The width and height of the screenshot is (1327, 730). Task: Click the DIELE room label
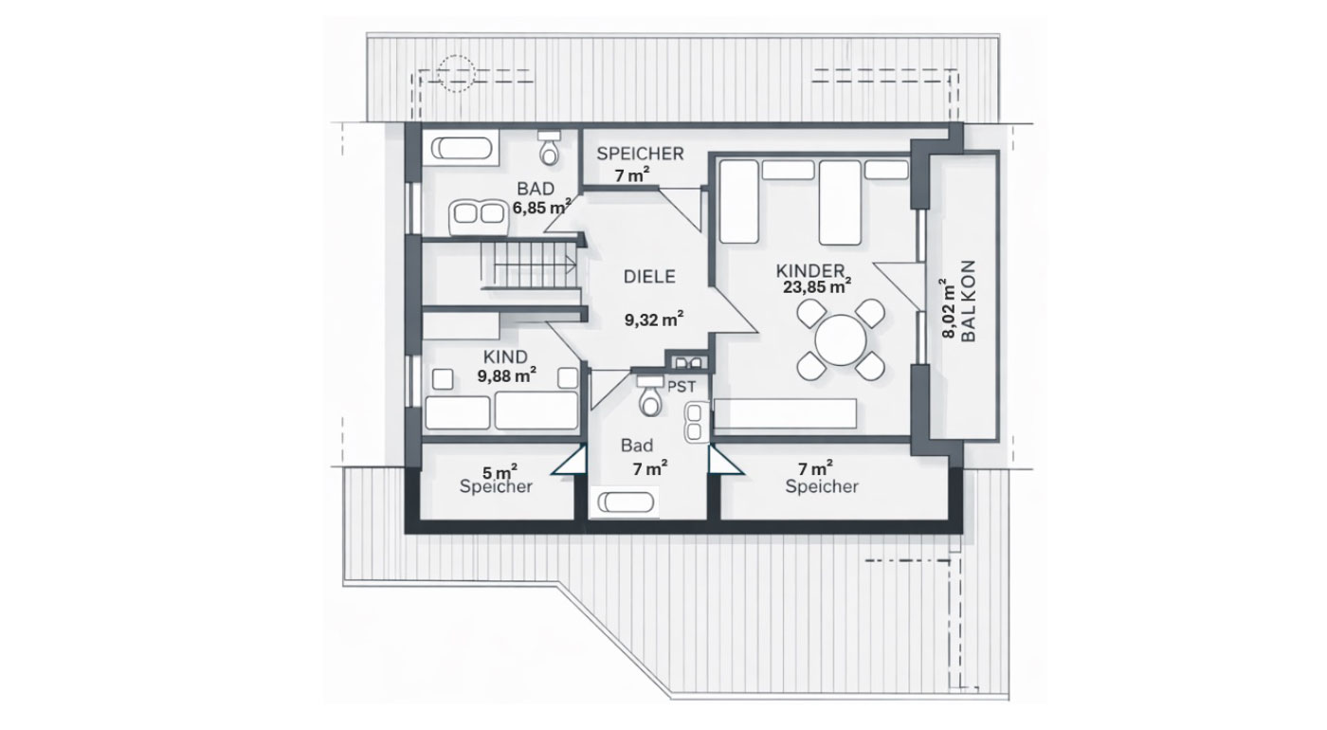pyautogui.click(x=649, y=277)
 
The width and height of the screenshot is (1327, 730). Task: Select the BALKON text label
pyautogui.click(x=968, y=301)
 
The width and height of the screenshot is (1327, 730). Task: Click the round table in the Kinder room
pyautogui.click(x=841, y=340)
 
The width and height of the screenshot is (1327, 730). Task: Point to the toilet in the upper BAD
pyautogui.click(x=550, y=148)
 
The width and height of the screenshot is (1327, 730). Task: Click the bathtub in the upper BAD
pyautogui.click(x=461, y=148)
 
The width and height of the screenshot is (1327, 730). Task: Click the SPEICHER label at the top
pyautogui.click(x=640, y=154)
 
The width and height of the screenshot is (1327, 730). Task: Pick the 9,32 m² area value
pyautogui.click(x=654, y=319)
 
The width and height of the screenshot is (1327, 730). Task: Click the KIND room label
pyautogui.click(x=505, y=356)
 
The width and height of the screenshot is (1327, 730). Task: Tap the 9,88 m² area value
pyautogui.click(x=507, y=375)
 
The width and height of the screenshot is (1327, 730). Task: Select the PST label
pyautogui.click(x=682, y=387)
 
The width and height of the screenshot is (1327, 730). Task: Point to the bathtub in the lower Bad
pyautogui.click(x=626, y=502)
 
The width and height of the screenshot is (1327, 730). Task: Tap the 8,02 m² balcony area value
pyautogui.click(x=949, y=308)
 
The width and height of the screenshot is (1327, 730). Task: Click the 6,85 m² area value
pyautogui.click(x=542, y=207)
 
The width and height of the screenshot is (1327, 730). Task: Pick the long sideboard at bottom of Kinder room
pyautogui.click(x=785, y=413)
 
